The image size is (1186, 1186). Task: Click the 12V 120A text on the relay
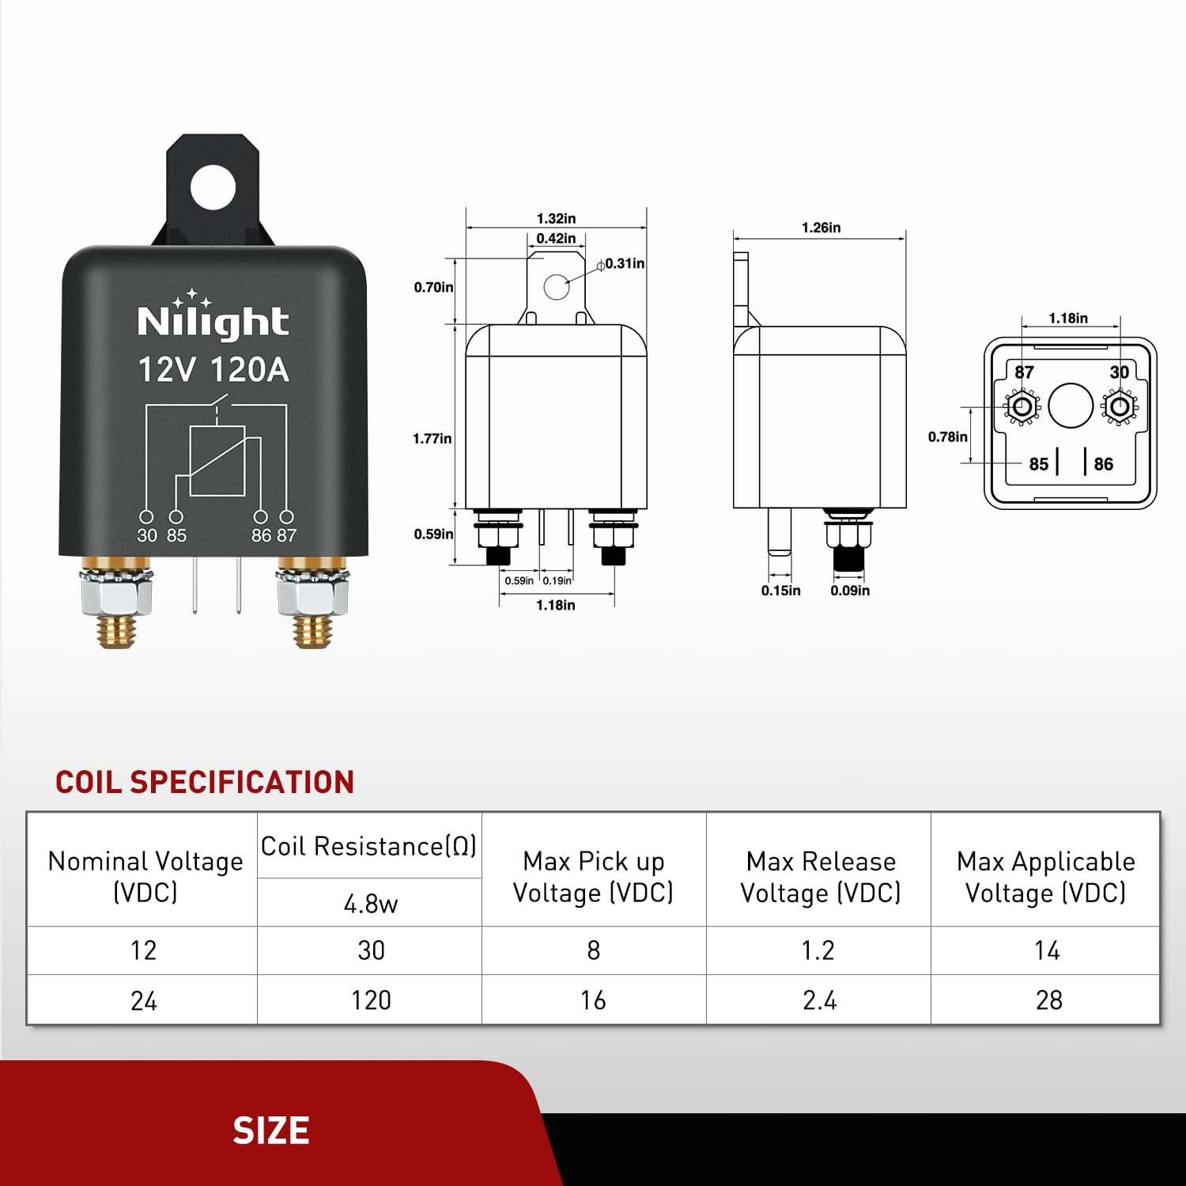pos(213,370)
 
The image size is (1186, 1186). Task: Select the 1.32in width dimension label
pos(556,218)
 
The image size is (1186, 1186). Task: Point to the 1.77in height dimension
pos(432,439)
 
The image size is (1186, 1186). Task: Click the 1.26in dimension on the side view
pos(821,228)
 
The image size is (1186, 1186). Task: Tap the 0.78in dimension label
pos(947,436)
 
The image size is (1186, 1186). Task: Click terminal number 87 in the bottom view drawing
pos(1024,372)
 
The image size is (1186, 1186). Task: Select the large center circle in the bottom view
pos(1071,406)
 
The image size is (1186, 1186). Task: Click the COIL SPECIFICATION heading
pos(205,782)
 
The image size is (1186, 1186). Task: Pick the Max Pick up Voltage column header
pos(593,876)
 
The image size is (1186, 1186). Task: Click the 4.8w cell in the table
pos(370,903)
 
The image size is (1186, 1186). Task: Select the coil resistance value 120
pos(370,1000)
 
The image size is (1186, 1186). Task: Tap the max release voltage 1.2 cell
pos(818,950)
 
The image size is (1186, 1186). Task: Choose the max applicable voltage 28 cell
pos(1048,1000)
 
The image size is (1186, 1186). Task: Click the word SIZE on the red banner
pos(270,1131)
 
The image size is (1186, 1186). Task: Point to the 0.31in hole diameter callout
pos(624,263)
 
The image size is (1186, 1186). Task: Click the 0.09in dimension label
pos(850,591)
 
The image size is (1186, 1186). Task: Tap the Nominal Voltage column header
pos(145,876)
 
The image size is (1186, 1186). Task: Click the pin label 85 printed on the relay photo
pos(176,535)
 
